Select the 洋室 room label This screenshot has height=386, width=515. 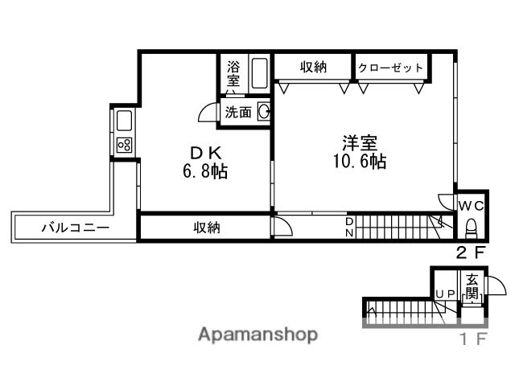click(x=359, y=143)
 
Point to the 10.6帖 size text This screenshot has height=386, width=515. click(x=360, y=162)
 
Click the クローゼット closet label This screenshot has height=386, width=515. click(x=390, y=68)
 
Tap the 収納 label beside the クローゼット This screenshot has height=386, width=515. click(x=313, y=68)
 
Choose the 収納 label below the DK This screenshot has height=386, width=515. click(x=206, y=228)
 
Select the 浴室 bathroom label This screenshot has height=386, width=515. click(x=233, y=74)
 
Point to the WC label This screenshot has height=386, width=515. click(x=470, y=205)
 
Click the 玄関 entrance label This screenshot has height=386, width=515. click(x=472, y=286)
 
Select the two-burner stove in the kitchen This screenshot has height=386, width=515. click(x=125, y=146)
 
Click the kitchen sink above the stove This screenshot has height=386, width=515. click(x=125, y=122)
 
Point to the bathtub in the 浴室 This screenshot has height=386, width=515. click(x=259, y=73)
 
